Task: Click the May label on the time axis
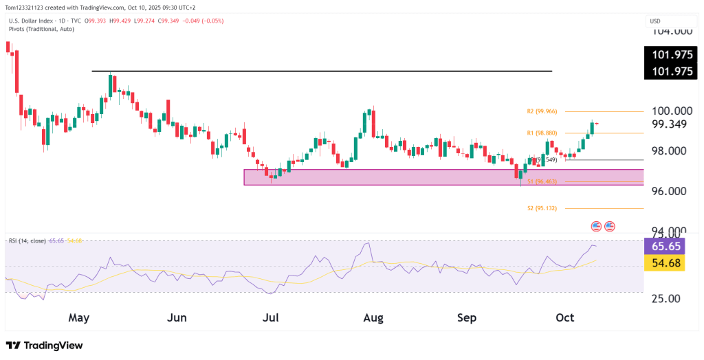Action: point(79,318)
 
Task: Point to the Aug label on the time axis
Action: point(373,318)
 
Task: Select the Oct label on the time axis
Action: point(564,318)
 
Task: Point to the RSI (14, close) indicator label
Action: point(27,240)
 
